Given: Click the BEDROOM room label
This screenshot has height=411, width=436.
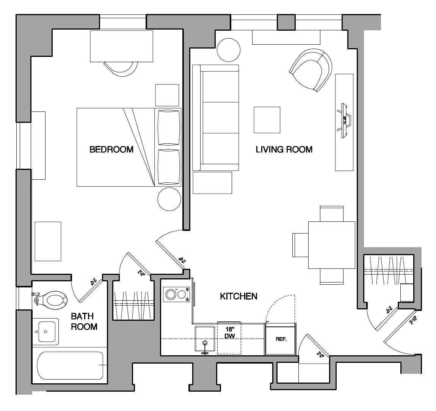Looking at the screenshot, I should [111, 149].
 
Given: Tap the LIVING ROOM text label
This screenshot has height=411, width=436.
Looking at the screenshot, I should [284, 149].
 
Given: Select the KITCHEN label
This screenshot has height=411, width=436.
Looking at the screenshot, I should [238, 296].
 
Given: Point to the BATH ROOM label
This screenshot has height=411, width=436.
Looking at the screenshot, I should [84, 321].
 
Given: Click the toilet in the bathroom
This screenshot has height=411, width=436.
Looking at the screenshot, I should [53, 300].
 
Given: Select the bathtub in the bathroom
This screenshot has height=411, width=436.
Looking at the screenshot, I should [70, 366].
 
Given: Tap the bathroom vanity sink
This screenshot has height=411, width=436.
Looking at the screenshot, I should [45, 331].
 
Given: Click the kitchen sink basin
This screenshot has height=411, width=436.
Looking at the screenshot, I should [205, 339].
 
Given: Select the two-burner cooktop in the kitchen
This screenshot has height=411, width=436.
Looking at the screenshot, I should [176, 295].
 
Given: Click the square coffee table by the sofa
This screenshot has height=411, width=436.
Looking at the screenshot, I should [267, 120].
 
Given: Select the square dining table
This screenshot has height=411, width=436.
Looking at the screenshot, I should [331, 245].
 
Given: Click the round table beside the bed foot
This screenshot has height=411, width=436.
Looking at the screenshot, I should [169, 199].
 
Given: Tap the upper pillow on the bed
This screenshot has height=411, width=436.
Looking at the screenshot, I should [168, 127].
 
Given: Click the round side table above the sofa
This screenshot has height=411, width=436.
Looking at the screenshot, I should [229, 50].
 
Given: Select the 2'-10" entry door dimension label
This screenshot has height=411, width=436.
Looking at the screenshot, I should [413, 320].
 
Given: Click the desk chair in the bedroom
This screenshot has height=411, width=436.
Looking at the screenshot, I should [121, 68].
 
